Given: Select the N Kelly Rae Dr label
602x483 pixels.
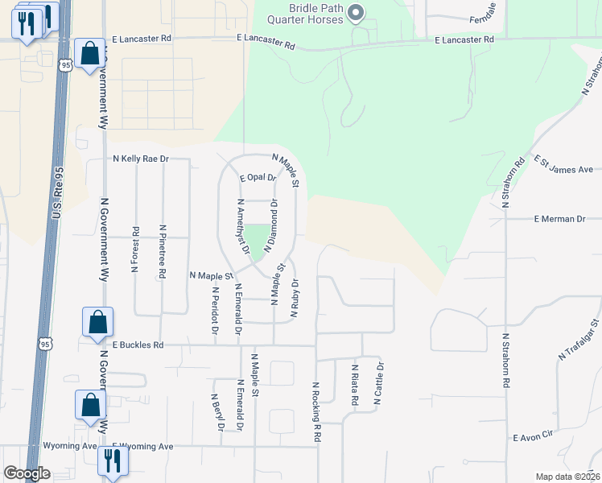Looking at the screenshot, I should (141, 159).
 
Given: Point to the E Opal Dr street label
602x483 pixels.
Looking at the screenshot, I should (258, 177).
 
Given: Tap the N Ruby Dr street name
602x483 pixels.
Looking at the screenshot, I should (296, 298).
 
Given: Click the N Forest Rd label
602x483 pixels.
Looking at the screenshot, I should (134, 249).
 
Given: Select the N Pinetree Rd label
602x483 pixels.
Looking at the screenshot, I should (162, 251).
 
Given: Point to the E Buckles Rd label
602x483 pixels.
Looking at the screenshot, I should (138, 345).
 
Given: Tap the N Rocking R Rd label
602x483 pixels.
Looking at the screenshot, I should (317, 411).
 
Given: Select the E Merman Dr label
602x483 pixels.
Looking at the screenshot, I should (559, 219).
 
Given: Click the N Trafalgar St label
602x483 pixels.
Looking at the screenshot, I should (580, 340).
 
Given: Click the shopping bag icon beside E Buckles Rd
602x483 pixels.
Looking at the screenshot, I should (97, 322).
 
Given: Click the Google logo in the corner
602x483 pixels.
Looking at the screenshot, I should (27, 473).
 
